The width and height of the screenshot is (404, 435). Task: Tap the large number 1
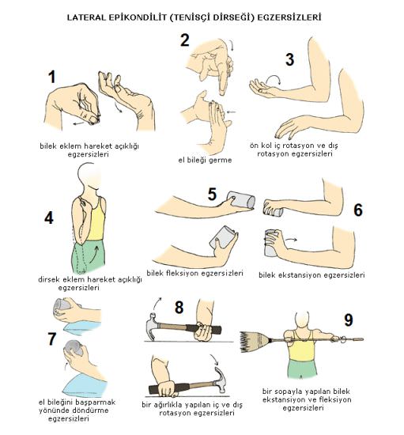(x=52, y=77)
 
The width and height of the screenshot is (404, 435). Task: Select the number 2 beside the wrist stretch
(x=185, y=40)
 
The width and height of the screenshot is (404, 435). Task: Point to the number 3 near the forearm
(x=290, y=59)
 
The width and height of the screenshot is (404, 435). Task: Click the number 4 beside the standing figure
(x=49, y=217)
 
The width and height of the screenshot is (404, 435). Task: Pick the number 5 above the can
(x=212, y=195)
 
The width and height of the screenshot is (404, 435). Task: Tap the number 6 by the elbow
(x=358, y=210)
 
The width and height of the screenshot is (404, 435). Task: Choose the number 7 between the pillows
(x=52, y=339)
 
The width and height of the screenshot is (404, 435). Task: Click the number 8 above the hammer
(x=179, y=308)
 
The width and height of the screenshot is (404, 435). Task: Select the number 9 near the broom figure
(x=349, y=320)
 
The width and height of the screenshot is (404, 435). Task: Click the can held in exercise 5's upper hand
(x=241, y=199)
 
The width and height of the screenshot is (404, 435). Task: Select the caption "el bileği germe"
(x=205, y=160)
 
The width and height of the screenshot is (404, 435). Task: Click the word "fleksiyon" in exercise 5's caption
(x=182, y=273)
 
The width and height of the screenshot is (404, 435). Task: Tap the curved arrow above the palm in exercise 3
(x=273, y=79)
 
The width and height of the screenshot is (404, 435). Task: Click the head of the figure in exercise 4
(x=89, y=175)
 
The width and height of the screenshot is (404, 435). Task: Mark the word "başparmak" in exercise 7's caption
(x=96, y=403)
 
